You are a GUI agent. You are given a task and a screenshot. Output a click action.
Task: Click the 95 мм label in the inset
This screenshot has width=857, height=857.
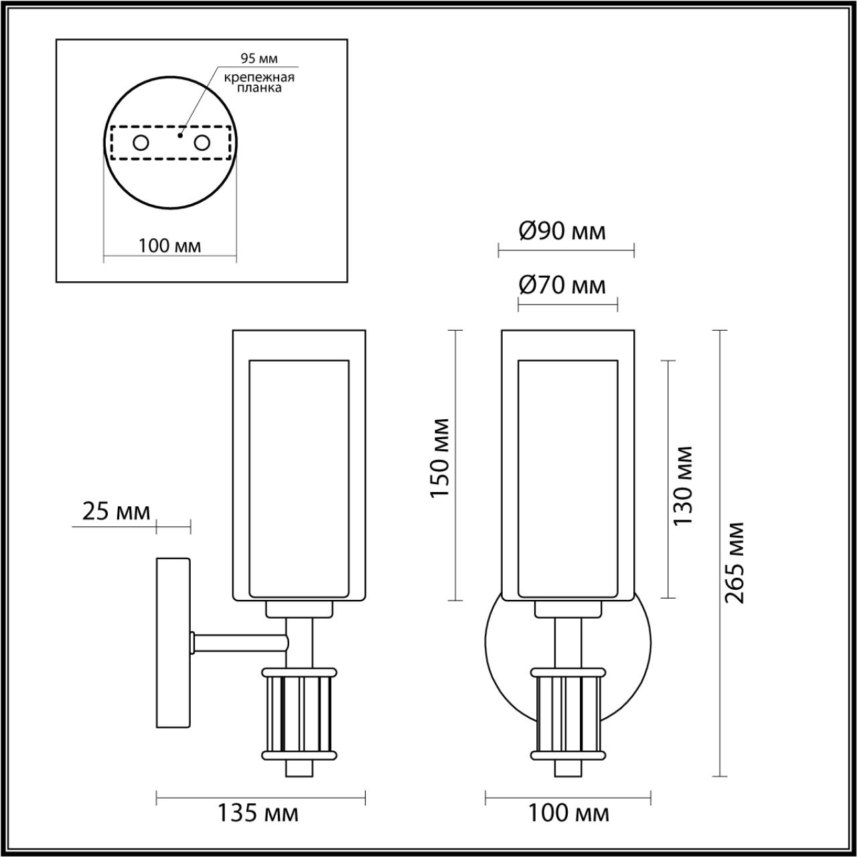(259, 59)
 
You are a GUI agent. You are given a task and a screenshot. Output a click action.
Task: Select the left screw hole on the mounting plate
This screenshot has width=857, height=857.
(141, 143)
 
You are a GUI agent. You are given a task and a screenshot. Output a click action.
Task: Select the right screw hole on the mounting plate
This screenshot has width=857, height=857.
(202, 143)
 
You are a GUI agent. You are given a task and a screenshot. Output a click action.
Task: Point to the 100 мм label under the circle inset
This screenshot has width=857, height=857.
(169, 246)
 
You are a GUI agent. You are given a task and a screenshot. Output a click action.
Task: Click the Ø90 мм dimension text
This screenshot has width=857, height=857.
(562, 232)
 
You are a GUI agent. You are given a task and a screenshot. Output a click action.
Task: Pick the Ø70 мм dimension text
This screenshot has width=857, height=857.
(562, 286)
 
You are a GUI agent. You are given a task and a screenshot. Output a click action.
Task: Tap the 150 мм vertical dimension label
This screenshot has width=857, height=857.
(439, 458)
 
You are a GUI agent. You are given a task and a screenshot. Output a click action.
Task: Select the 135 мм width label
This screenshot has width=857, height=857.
(258, 814)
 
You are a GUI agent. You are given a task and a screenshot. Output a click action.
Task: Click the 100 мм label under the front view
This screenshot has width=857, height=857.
(568, 814)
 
